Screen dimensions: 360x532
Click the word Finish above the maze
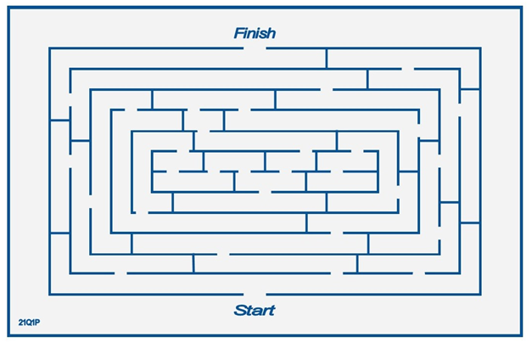coord(255,33)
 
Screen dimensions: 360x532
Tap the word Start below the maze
coord(255,310)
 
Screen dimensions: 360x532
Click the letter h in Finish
coord(271,33)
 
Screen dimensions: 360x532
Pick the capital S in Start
coord(240,310)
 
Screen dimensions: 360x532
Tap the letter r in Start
coord(264,311)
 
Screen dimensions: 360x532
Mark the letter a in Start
coord(256,311)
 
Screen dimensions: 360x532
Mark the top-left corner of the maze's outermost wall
coord(49,48)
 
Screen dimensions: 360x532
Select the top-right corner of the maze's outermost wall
coord(480,48)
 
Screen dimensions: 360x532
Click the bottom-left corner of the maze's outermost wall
coord(49,294)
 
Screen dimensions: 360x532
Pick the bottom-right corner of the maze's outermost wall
coord(480,294)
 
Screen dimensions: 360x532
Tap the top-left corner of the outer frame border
coord(8,8)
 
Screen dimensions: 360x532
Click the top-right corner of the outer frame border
coord(521,8)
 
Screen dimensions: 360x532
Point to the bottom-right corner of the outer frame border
coord(521,335)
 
